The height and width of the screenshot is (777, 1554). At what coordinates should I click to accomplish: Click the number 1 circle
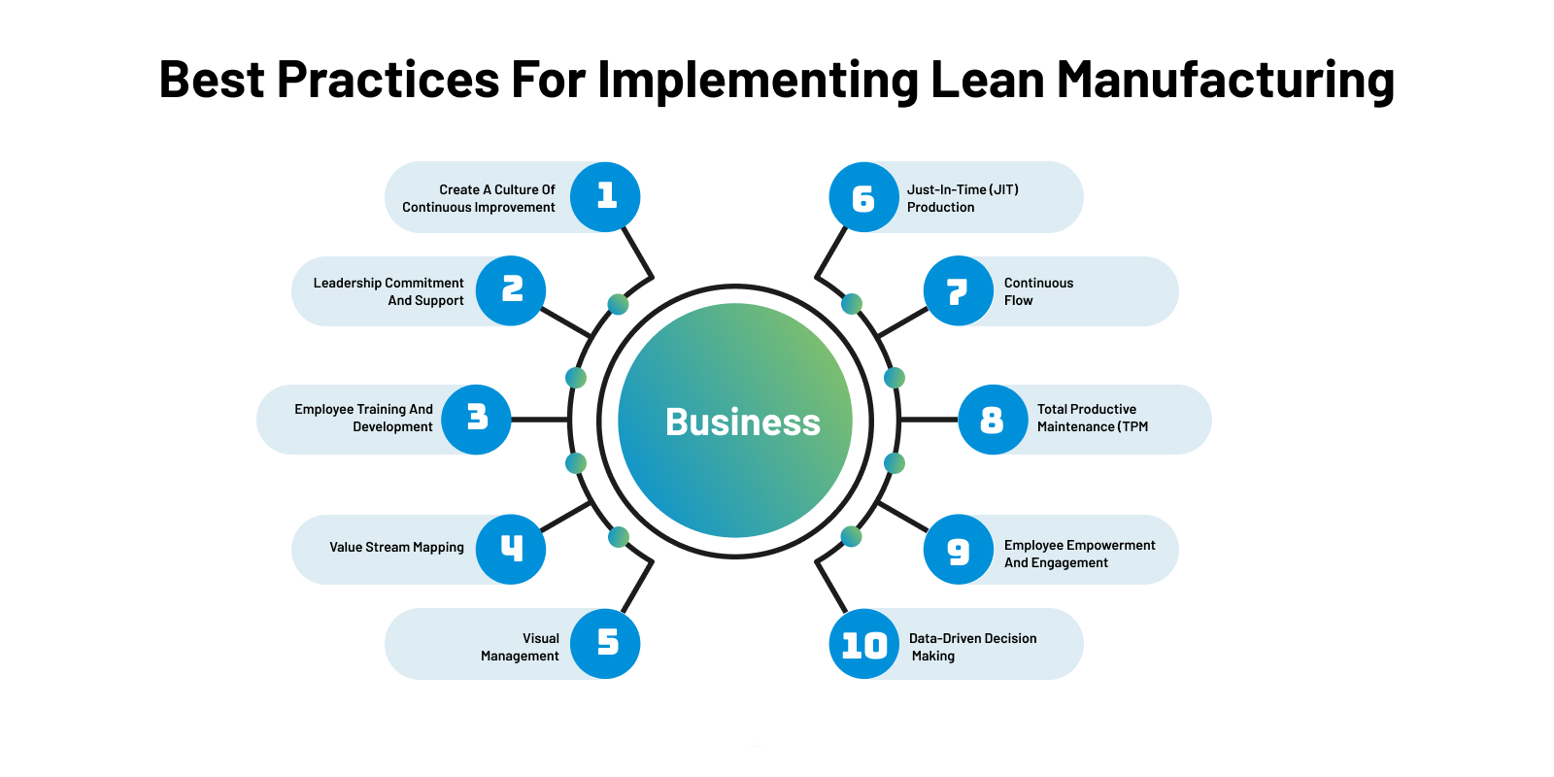605,197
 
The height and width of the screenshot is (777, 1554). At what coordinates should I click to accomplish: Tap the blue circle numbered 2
511,290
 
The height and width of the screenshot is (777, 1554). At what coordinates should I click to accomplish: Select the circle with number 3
476,420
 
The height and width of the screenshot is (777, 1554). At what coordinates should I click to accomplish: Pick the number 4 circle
511,550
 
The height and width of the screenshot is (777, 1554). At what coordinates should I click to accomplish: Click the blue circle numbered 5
605,643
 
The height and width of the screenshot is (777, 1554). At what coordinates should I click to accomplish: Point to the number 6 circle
863,197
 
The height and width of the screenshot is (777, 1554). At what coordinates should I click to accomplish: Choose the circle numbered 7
958,290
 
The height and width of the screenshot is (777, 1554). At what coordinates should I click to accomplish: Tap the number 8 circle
993,420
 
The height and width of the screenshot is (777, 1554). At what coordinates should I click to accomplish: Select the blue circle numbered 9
958,550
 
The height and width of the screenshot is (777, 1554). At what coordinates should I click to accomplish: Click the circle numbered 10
863,644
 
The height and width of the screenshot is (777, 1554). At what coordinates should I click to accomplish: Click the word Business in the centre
743,422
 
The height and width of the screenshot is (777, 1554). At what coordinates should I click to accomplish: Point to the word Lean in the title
987,80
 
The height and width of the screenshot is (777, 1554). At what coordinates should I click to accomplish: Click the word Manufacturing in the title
1226,80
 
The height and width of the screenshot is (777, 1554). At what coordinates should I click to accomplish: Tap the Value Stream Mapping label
396,548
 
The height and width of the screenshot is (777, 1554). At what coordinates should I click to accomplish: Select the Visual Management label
521,647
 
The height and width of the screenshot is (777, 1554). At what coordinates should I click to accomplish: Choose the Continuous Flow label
1038,291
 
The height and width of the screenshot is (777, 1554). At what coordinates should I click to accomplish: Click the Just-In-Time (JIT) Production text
963,198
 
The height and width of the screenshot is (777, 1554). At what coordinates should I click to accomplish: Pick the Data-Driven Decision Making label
972,647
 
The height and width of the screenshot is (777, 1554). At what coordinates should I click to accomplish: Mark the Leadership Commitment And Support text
388,291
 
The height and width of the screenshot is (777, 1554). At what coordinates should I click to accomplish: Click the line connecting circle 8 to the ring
929,420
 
